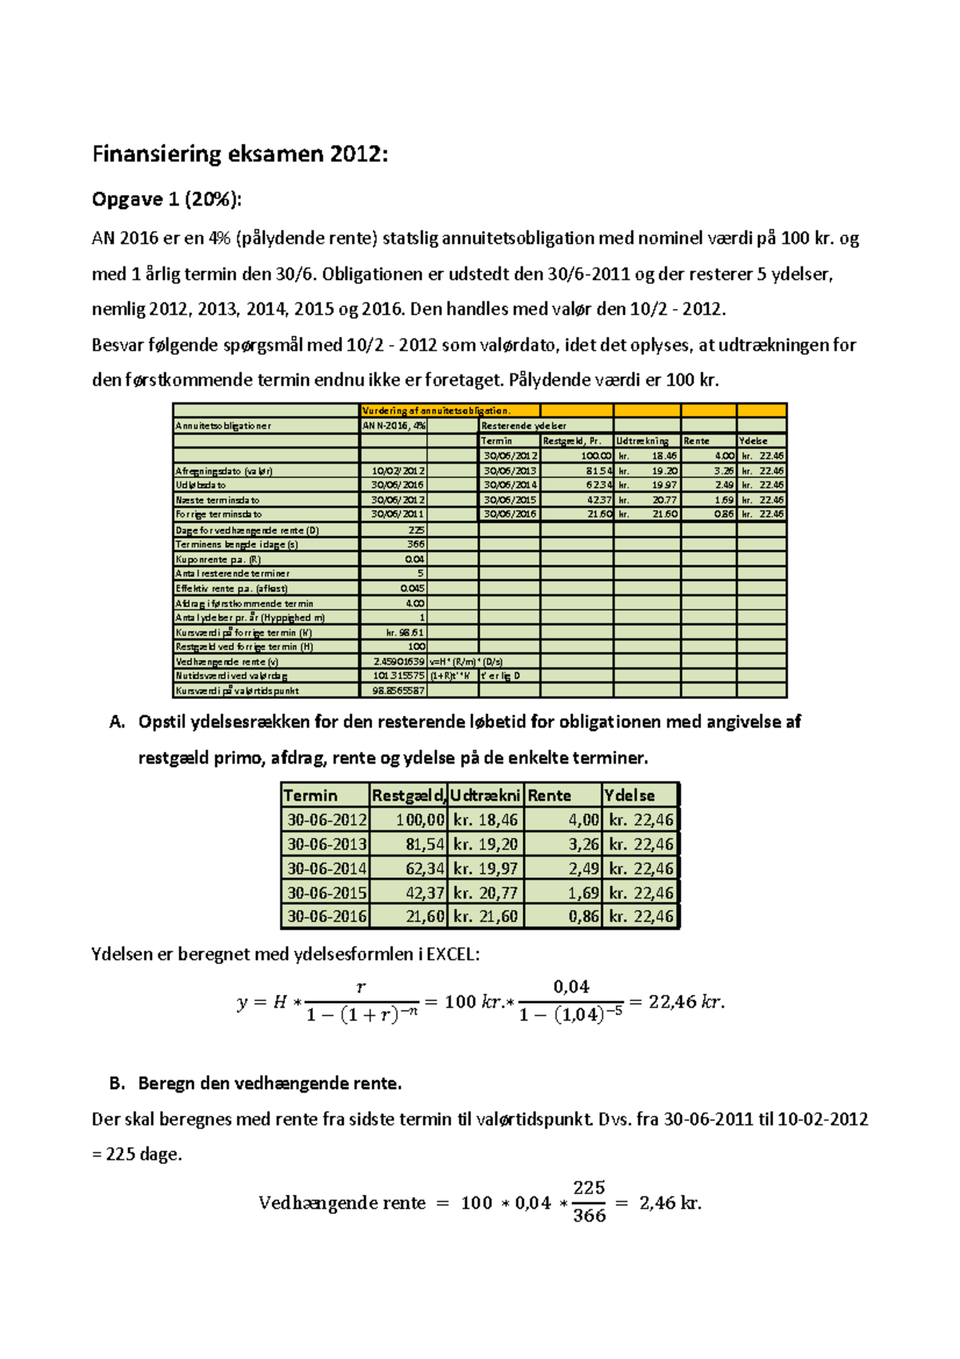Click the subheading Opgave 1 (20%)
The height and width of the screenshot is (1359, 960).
166,199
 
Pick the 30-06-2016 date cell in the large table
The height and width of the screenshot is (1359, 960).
326,916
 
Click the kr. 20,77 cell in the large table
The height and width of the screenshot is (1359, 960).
485,892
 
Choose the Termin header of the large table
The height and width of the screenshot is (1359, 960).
310,796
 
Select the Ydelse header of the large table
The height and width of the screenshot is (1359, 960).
630,796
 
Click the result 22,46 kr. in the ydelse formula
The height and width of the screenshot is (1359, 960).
686,1002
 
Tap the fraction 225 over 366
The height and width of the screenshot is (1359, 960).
589,1201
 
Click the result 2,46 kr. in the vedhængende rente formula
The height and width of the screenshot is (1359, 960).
670,1203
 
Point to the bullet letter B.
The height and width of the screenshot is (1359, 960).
117,1084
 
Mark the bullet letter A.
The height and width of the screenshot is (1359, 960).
117,722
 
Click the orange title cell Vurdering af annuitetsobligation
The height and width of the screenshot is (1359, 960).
437,411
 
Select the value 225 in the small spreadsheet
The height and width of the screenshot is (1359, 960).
416,530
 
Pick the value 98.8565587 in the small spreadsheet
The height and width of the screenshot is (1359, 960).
398,691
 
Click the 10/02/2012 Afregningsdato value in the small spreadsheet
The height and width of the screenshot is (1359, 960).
398,471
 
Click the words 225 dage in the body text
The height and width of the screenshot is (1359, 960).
143,1155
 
